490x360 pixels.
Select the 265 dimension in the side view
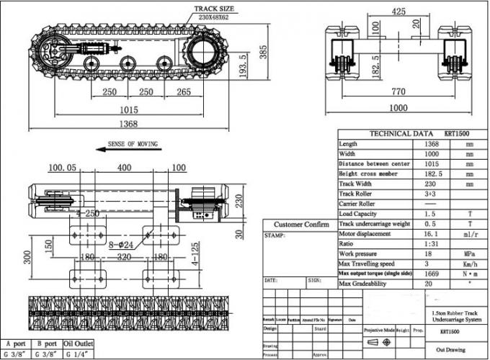(x=183, y=93)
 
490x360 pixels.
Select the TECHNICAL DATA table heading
(x=401, y=134)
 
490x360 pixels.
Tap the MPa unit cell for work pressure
(x=469, y=254)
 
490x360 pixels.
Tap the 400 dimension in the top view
(x=124, y=168)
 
